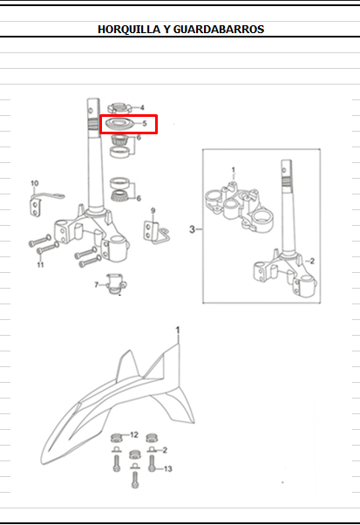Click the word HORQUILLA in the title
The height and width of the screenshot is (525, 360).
click(129, 30)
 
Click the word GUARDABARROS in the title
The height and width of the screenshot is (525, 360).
click(219, 30)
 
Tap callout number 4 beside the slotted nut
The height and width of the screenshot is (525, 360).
click(142, 107)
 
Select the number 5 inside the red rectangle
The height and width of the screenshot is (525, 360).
click(145, 123)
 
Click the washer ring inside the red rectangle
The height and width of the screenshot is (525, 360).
click(119, 124)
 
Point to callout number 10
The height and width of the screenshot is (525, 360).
click(35, 183)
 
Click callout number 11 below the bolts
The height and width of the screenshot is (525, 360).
click(40, 264)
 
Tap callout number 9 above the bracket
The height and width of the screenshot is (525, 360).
click(153, 210)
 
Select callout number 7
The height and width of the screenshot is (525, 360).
click(97, 284)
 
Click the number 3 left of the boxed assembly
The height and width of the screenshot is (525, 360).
click(192, 229)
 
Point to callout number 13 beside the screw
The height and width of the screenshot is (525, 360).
click(168, 469)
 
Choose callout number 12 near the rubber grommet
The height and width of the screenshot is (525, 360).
click(134, 434)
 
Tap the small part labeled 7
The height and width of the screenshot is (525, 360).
click(116, 284)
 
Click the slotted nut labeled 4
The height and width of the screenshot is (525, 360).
click(119, 108)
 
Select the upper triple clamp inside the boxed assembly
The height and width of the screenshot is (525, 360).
click(239, 208)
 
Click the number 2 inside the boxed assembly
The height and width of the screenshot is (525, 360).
click(312, 261)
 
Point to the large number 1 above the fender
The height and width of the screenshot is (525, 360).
click(178, 331)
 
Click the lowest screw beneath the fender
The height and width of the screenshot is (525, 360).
click(135, 480)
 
